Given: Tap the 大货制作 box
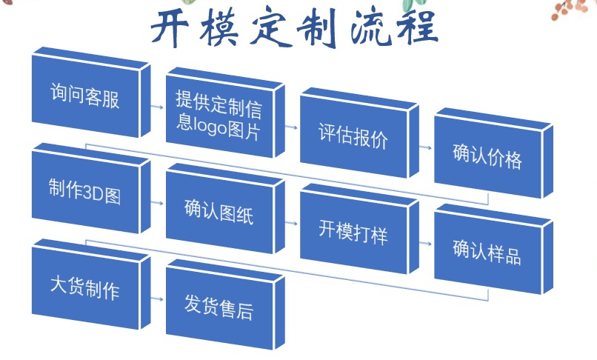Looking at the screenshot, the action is coord(84,287).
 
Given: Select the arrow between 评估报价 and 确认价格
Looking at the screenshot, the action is coord(425,147).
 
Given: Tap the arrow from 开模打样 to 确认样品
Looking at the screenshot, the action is coord(425,242).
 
